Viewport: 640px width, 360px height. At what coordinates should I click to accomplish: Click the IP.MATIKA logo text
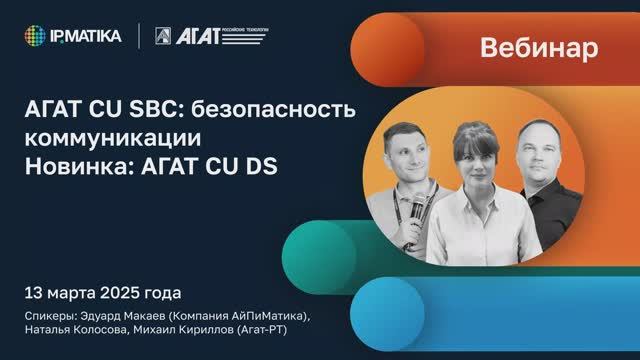88,36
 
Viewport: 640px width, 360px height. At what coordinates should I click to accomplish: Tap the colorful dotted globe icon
36,36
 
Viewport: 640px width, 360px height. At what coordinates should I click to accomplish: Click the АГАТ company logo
212,36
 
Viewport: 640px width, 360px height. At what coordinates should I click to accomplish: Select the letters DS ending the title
262,165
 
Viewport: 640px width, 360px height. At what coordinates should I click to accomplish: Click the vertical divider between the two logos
138,36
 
